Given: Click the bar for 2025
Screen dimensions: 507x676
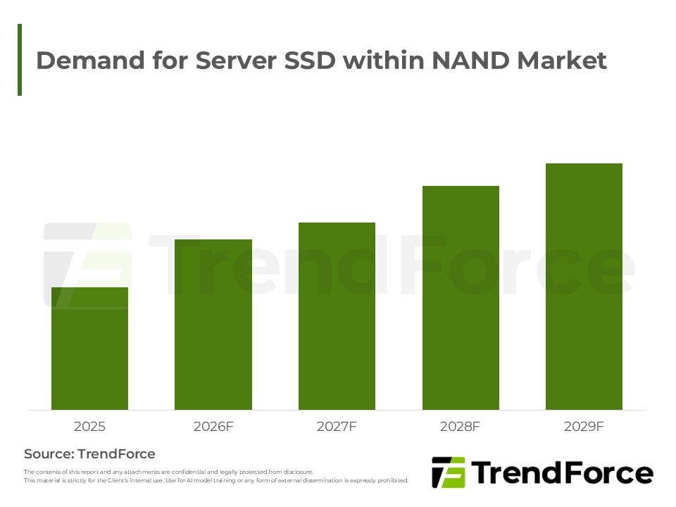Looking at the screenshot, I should [89, 349].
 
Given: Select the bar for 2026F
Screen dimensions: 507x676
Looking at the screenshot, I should [213, 325].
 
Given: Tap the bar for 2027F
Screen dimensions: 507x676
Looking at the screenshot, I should [337, 316].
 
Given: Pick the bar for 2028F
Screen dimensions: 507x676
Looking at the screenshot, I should [461, 298].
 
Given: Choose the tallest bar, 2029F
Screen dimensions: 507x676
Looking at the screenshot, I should [584, 287].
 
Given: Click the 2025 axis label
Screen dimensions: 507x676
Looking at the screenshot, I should [89, 427].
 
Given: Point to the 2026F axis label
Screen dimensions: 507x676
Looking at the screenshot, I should [213, 427].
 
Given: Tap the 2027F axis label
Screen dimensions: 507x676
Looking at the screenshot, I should [337, 427].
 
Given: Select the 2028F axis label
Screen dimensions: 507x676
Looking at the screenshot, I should [461, 427].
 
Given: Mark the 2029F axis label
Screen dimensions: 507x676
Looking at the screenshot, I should [584, 427].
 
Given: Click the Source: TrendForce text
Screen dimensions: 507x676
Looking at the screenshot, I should [89, 454].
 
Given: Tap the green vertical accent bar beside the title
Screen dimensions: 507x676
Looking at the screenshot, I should [20, 60].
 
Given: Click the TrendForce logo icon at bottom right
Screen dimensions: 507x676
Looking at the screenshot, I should [448, 472].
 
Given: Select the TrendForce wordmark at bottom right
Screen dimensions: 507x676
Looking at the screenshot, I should [562, 473].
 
